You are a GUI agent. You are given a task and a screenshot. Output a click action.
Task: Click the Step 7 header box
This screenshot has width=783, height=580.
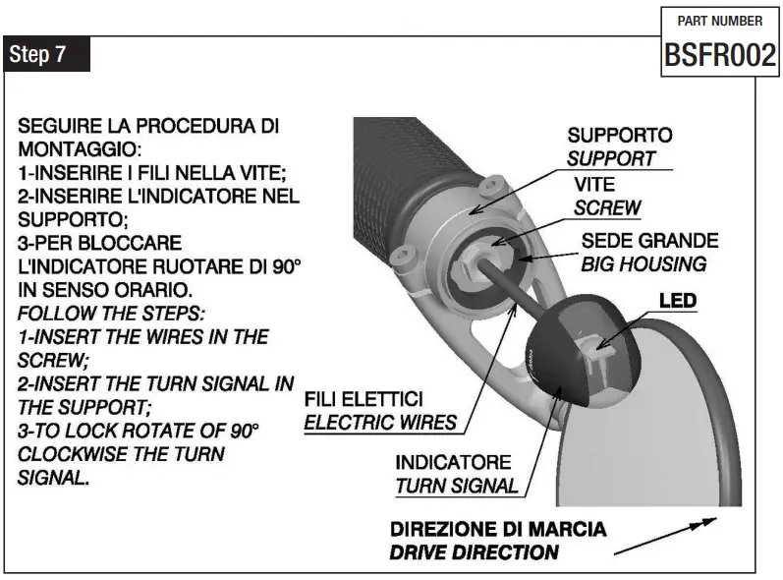tap(46, 55)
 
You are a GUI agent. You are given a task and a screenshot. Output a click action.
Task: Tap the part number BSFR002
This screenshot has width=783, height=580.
tap(720, 56)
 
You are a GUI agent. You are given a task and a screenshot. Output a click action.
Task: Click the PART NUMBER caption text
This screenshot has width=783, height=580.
tap(720, 21)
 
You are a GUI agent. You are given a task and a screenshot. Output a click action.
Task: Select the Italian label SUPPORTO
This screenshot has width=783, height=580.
tap(619, 135)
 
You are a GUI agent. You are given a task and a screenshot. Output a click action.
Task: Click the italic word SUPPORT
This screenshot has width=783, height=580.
tap(611, 157)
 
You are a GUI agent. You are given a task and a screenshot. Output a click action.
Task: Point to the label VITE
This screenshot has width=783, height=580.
tap(594, 185)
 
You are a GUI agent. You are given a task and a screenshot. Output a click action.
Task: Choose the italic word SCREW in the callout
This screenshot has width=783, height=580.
tap(607, 207)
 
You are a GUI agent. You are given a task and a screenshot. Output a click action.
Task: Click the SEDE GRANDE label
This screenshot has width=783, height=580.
tap(649, 240)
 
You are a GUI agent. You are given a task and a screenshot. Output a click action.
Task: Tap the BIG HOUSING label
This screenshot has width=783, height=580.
tap(643, 262)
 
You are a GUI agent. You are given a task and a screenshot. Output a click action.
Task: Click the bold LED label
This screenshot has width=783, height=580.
tap(676, 299)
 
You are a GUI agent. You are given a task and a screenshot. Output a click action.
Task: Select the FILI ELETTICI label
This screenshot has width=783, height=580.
tap(364, 400)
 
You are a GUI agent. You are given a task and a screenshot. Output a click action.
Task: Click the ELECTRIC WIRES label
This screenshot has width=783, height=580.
tap(380, 423)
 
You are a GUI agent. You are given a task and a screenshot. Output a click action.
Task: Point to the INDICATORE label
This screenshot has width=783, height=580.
tap(453, 462)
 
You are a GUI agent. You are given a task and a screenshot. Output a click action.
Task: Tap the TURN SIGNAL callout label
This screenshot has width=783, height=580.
tap(456, 485)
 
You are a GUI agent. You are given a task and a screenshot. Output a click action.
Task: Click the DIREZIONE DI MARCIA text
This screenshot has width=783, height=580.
tap(497, 529)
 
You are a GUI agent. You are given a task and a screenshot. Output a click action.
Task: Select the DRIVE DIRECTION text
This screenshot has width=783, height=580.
tap(474, 551)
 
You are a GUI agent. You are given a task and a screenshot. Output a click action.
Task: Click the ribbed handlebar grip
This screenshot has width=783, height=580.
tap(403, 177)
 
